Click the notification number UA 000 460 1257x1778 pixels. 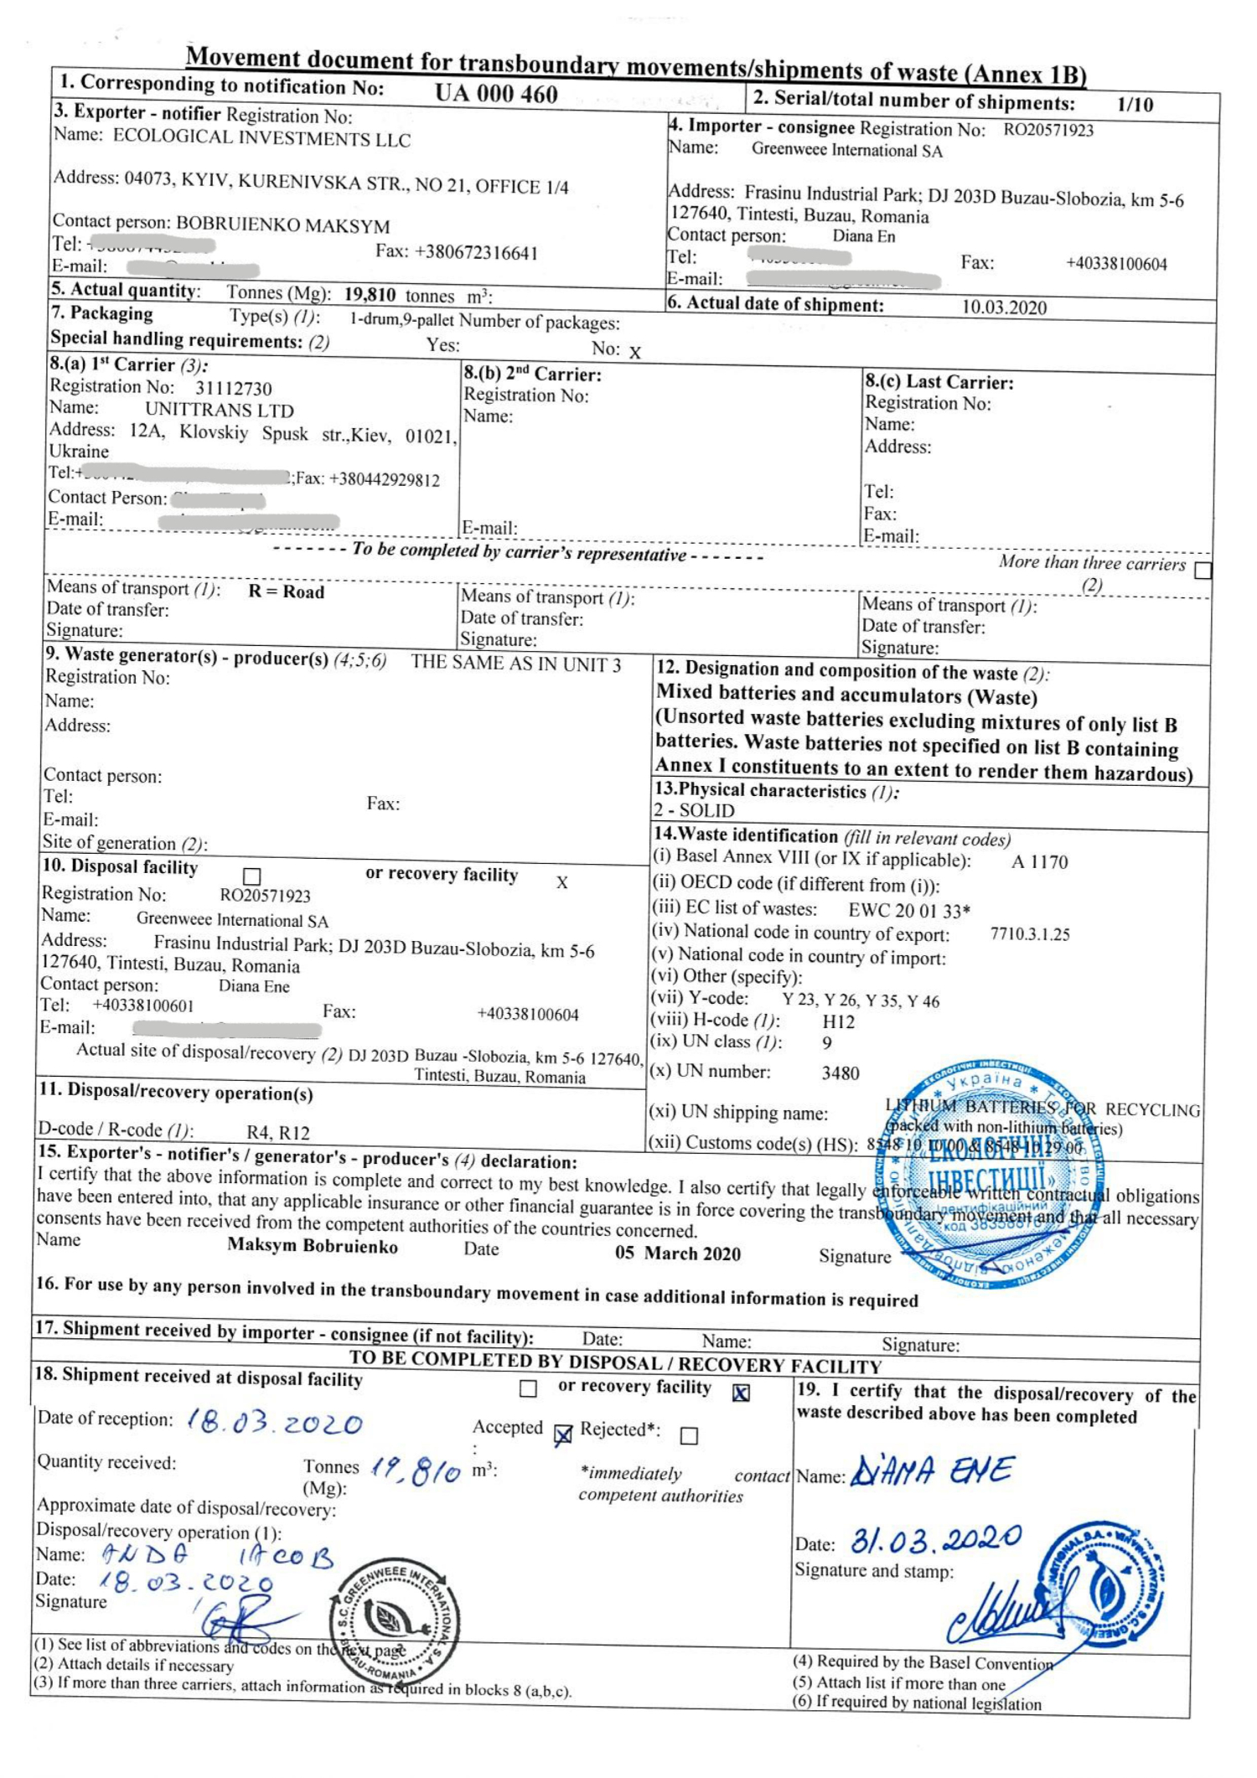coord(496,93)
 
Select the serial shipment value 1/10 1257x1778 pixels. coord(1135,105)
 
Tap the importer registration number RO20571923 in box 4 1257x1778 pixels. coord(1048,130)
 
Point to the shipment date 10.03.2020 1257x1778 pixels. coord(1004,307)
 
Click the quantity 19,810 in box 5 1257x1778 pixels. coord(370,294)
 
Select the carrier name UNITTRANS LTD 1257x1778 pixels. coord(220,410)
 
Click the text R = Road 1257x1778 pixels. coord(286,592)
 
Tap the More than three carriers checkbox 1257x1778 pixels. coord(1203,570)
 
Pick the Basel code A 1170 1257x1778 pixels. coord(1039,862)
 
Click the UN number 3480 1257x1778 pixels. coord(840,1073)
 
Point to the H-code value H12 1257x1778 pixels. coord(838,1021)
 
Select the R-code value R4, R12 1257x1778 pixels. coord(278,1133)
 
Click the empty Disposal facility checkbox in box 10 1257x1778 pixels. coord(251,876)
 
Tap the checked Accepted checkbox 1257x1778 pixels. coord(563,1435)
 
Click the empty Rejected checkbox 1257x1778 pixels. coord(689,1436)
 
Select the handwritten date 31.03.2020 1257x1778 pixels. coord(936,1540)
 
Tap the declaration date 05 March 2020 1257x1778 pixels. coord(678,1253)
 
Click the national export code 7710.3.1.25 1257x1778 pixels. coord(1030,934)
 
